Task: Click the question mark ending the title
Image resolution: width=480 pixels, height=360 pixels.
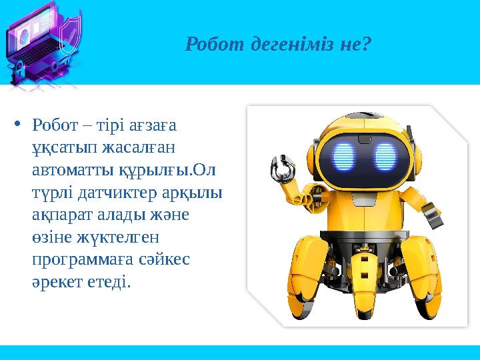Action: (x=367, y=45)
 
